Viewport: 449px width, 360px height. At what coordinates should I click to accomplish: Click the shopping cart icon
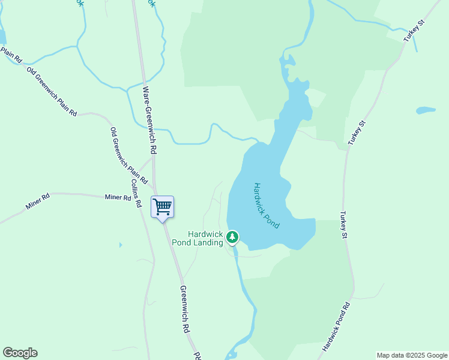(162, 208)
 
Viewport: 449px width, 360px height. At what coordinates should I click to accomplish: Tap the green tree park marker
(232, 238)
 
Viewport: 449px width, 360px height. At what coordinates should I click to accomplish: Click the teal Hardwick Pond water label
(267, 205)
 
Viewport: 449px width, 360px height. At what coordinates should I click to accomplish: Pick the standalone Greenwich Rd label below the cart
(185, 309)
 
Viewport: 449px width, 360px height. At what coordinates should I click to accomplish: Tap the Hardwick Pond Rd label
(336, 328)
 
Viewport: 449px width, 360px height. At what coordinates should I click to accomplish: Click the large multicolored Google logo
(20, 353)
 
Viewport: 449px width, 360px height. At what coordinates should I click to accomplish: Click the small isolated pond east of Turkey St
(426, 110)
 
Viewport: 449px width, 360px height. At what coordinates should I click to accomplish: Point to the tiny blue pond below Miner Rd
(120, 245)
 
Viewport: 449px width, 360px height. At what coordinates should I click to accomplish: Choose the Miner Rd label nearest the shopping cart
(118, 197)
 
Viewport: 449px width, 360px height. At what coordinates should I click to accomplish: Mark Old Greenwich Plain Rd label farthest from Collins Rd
(53, 91)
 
